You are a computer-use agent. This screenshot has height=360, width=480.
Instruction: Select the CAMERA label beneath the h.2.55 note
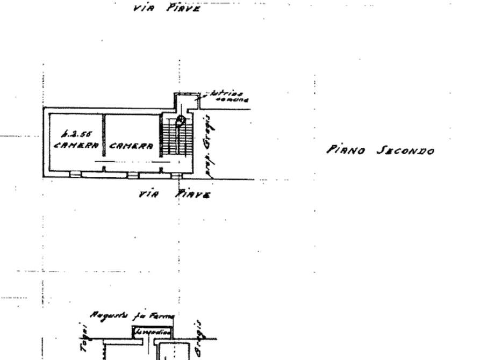click(76, 145)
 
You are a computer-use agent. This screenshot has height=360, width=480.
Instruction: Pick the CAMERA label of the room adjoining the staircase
click(132, 145)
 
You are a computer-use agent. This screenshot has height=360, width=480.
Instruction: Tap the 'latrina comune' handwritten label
click(230, 96)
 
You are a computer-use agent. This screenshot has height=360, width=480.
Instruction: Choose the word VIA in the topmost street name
click(142, 9)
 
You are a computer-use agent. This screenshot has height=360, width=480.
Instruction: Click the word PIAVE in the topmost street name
click(184, 8)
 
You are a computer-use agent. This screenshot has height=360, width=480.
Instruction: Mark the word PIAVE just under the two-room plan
click(191, 196)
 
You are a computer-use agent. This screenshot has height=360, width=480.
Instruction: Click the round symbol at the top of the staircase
click(182, 119)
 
